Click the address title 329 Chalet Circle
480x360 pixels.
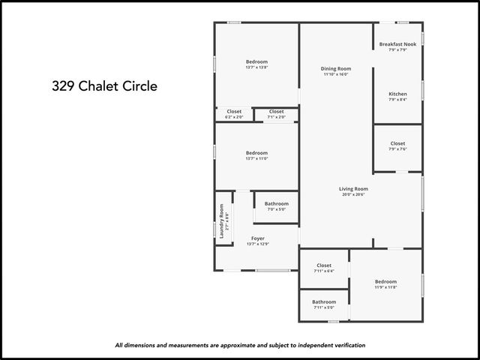pos(104,85)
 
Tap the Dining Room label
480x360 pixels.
pos(337,68)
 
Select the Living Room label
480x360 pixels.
pos(353,188)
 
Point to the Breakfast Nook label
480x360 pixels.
pos(397,44)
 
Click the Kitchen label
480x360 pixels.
pos(397,94)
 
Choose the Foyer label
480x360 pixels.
pos(257,238)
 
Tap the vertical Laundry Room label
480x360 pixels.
pos(222,221)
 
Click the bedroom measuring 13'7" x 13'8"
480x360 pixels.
pos(256,61)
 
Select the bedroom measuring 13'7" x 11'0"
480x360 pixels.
pos(256,153)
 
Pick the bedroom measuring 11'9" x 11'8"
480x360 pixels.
pos(385,282)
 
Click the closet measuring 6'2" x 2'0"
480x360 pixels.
pos(234,112)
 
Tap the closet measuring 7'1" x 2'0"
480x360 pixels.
pos(276,112)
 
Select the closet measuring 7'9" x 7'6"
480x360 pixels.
pos(397,143)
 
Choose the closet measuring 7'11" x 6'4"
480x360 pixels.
pos(324,265)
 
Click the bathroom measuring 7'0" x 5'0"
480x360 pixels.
pos(276,204)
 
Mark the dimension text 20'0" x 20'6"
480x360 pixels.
pos(353,195)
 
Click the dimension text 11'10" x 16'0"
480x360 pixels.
pos(337,74)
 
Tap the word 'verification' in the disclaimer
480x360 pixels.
pos(346,345)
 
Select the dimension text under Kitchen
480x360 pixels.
pos(397,100)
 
